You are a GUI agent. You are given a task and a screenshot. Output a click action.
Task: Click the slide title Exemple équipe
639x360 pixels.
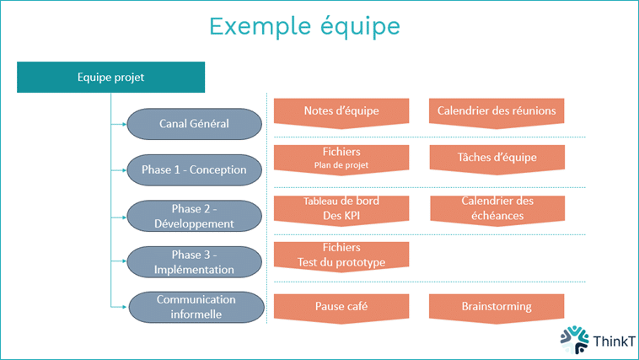click(304, 26)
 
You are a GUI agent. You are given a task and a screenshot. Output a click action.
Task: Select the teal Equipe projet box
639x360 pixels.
click(110, 78)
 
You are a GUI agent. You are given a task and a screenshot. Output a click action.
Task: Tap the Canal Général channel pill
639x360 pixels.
click(194, 124)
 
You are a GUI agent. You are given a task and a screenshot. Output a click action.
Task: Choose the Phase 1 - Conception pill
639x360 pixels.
click(194, 169)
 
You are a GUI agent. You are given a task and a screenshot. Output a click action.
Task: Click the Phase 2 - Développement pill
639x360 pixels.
click(194, 216)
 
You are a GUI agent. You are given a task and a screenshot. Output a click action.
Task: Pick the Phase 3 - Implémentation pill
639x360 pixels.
click(194, 262)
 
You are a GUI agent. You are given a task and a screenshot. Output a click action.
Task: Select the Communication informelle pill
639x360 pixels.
click(194, 307)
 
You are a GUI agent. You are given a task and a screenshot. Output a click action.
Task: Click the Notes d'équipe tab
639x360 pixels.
click(341, 111)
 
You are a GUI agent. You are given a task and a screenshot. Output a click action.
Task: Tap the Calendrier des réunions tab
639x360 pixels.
click(497, 111)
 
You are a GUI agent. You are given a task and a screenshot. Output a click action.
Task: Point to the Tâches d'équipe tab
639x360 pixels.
click(497, 158)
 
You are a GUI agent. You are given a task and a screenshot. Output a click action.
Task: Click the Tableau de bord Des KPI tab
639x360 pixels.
click(341, 208)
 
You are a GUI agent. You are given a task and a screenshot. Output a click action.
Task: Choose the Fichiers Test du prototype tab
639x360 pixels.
click(341, 255)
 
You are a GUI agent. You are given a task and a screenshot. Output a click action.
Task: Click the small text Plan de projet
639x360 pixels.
click(341, 165)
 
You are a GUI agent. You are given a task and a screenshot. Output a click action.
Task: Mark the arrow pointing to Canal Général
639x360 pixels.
click(119, 125)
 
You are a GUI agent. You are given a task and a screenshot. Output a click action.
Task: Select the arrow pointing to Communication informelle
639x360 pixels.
click(119, 307)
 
